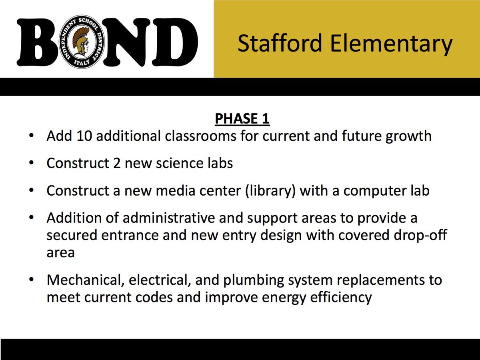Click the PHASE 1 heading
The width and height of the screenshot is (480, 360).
(x=242, y=119)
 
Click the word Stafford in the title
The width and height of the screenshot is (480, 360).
(x=280, y=43)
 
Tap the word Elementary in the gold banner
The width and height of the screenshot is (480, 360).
(x=391, y=44)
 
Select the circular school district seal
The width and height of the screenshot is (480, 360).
(x=82, y=42)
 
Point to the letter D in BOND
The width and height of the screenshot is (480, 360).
(x=174, y=42)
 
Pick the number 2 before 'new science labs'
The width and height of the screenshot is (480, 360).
(x=117, y=163)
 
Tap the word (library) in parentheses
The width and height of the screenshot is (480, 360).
(x=270, y=191)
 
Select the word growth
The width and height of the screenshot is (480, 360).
(x=408, y=136)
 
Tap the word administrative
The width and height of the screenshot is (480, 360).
(x=169, y=218)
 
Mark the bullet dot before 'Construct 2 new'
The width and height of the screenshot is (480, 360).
(x=32, y=163)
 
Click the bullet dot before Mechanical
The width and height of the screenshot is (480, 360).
(x=32, y=279)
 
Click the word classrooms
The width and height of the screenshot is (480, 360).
(x=200, y=136)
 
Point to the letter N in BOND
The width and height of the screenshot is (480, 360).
(x=126, y=42)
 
